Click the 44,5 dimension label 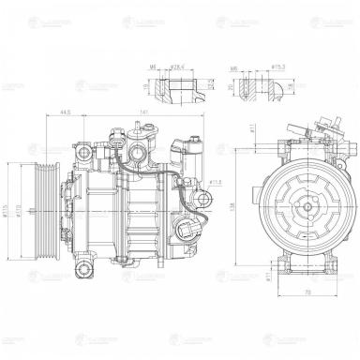click(65, 111)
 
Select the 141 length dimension click(142, 111)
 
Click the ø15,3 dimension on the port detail click(277, 68)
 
